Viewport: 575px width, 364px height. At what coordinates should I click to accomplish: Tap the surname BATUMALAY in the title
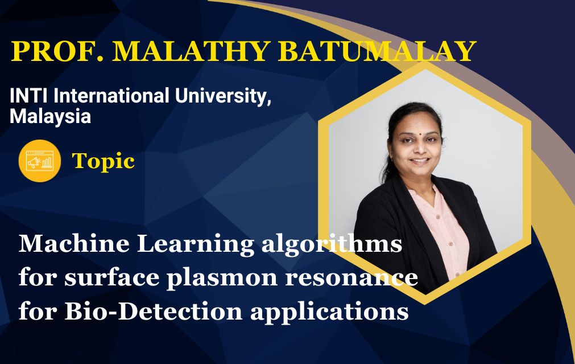[377, 51]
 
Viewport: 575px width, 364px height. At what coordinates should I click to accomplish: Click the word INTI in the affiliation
[30, 96]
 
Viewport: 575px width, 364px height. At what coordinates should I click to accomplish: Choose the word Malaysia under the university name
[50, 117]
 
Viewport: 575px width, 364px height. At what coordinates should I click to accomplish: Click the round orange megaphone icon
[40, 161]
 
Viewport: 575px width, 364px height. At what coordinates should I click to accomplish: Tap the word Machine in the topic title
[74, 244]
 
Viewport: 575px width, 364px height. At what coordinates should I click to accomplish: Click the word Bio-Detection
[154, 312]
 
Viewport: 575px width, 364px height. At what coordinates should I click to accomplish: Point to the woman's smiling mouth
[419, 161]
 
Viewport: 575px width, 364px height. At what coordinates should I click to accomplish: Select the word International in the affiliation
[112, 96]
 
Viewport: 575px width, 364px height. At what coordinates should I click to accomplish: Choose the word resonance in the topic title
[351, 277]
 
